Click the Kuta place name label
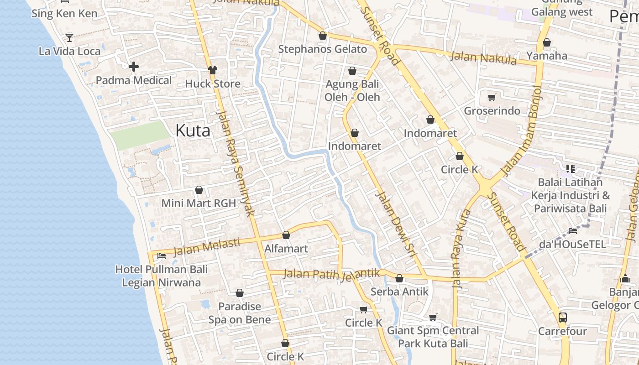(193, 131)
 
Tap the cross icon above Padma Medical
(133, 67)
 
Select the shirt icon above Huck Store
(213, 70)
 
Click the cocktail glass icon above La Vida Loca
(69, 37)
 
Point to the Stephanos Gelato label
(322, 49)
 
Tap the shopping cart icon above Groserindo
(492, 97)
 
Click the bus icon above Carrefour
(562, 317)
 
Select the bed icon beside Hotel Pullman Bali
(161, 255)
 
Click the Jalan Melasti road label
(206, 247)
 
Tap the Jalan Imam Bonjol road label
(520, 132)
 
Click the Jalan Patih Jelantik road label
(331, 274)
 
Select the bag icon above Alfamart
(286, 235)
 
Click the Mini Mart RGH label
(199, 203)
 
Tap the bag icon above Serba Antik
(399, 278)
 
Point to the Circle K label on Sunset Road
(459, 170)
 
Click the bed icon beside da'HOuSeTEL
(572, 231)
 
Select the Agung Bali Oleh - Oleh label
(352, 91)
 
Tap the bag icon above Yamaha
(546, 43)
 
